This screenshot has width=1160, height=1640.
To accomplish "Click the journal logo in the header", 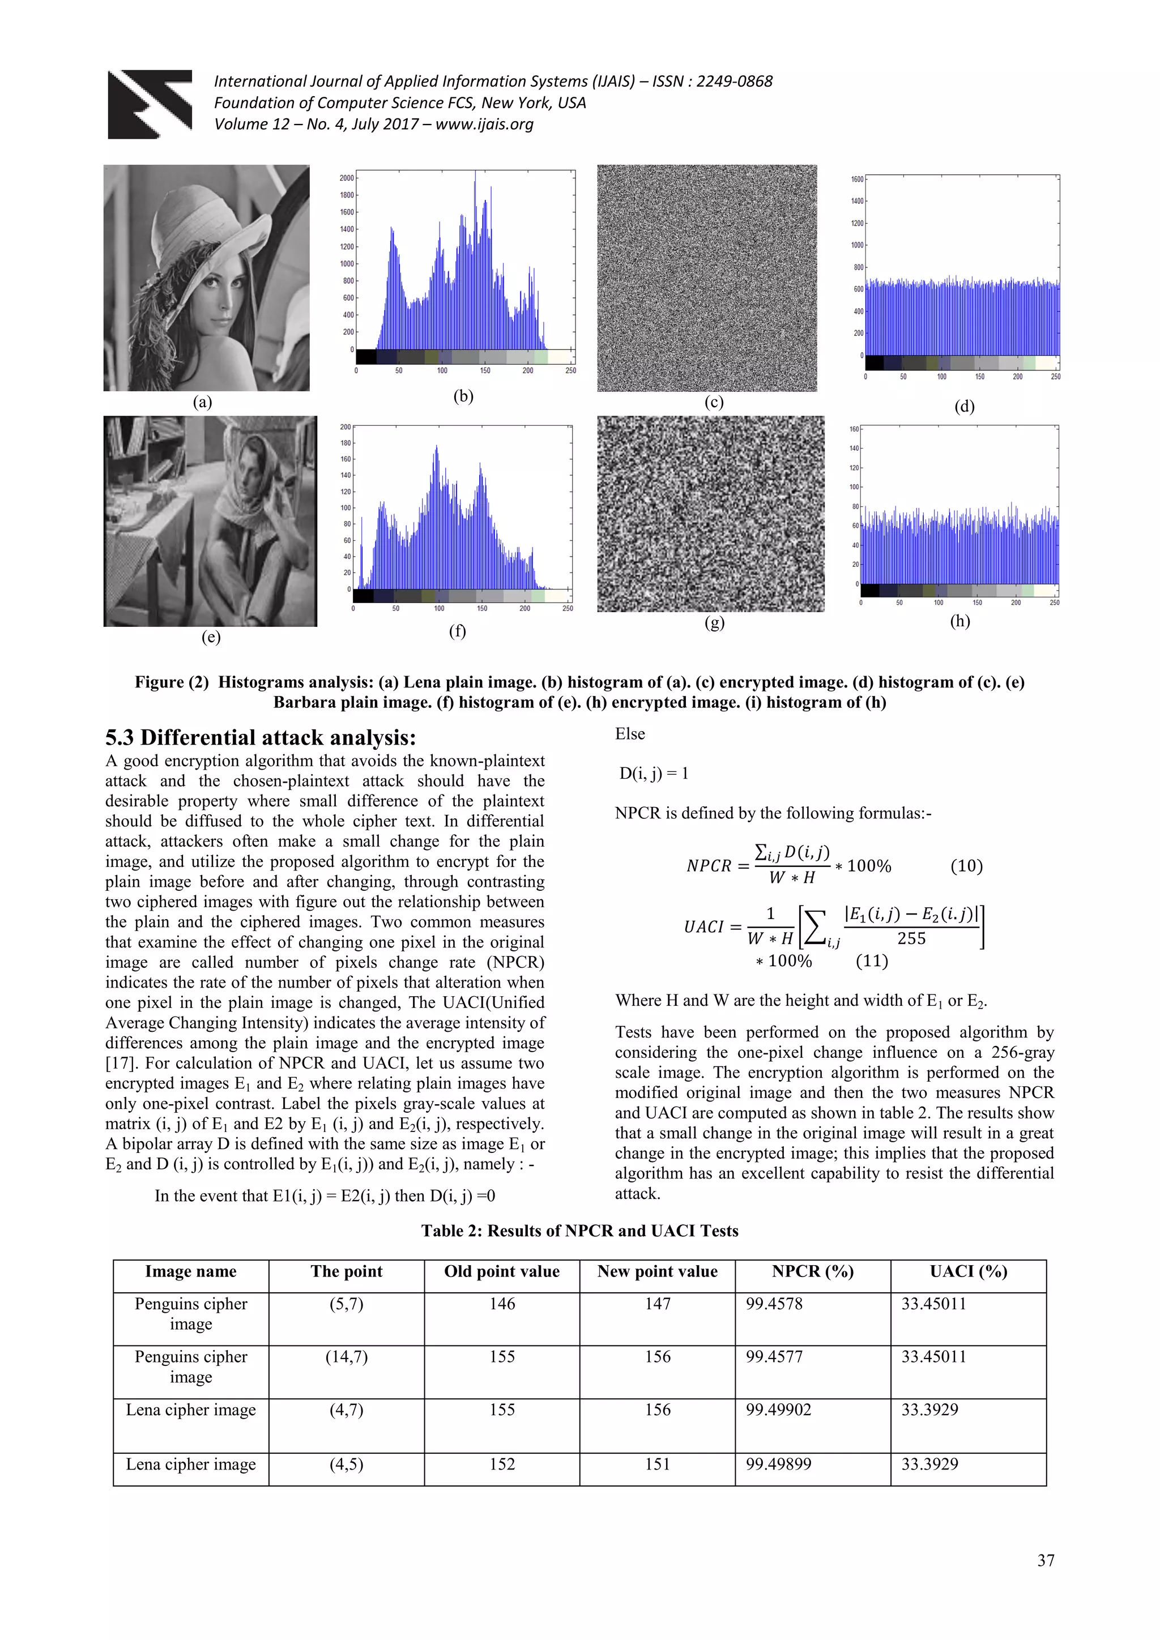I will [x=150, y=104].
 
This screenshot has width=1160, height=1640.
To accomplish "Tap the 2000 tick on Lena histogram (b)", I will [x=347, y=178].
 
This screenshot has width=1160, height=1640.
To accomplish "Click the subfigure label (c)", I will [x=714, y=402].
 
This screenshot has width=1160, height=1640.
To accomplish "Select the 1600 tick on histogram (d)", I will [x=856, y=180].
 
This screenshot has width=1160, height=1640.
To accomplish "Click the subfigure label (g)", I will [x=714, y=622].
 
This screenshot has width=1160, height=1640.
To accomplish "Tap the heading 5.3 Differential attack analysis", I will [x=260, y=737].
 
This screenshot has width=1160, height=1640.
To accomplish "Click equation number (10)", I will [x=966, y=866].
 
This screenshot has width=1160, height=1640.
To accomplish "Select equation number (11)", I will [x=872, y=960].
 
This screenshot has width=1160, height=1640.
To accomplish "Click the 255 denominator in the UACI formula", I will [x=911, y=938].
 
